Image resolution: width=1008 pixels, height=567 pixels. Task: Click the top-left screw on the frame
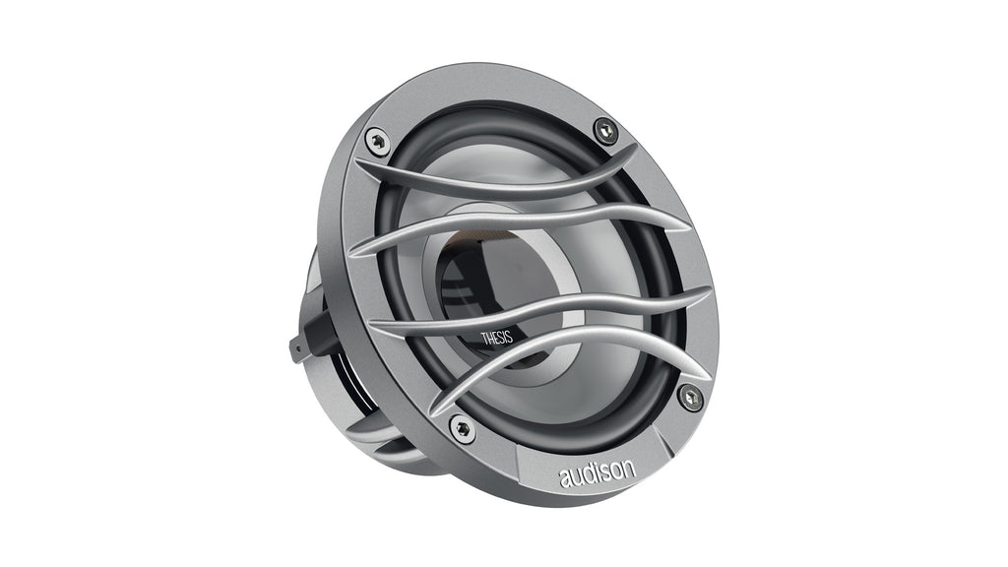(377, 141)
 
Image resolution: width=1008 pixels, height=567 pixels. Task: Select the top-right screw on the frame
(605, 130)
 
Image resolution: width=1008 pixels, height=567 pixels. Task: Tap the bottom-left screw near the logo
(461, 428)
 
